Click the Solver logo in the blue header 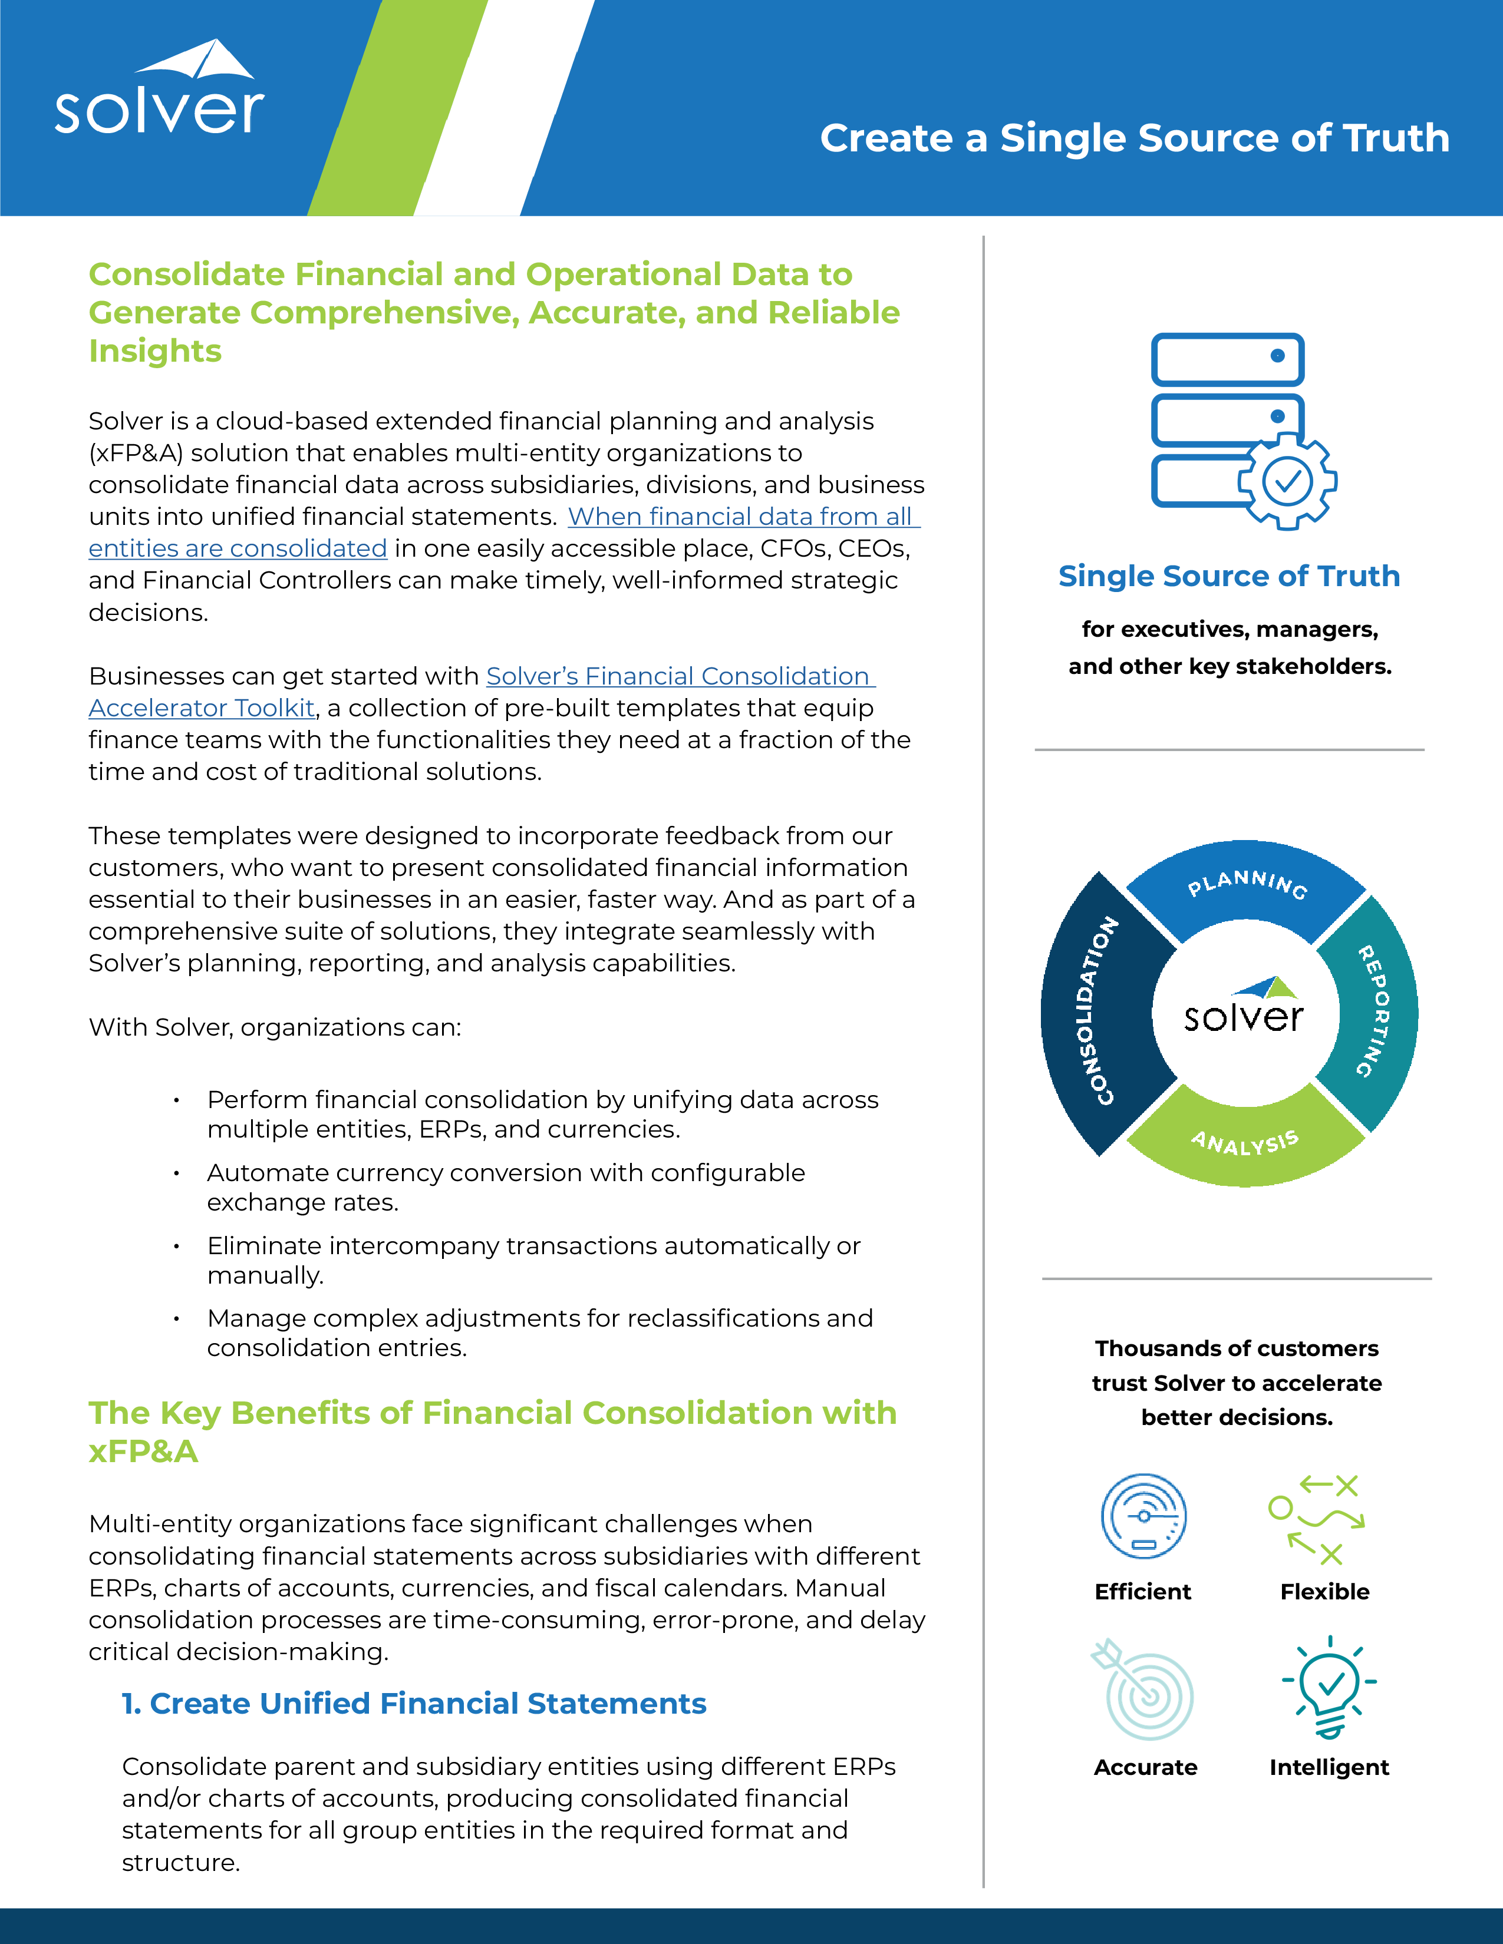(160, 88)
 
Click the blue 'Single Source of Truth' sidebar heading (1229, 576)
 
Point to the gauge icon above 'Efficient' (1143, 1516)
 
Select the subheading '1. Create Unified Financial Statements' (414, 1703)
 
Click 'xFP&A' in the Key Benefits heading (143, 1451)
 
